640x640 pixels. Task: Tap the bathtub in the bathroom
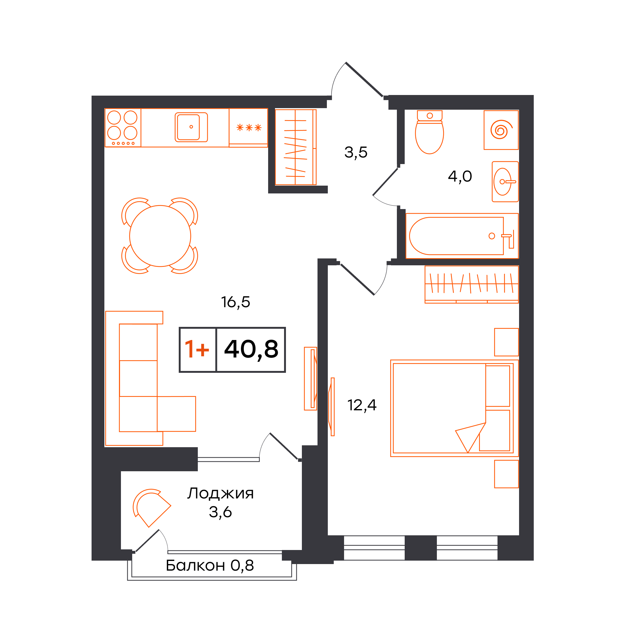point(462,236)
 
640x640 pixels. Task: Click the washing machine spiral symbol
point(501,129)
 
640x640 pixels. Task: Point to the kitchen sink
point(191,127)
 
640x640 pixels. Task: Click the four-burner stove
point(122,127)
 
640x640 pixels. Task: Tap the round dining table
point(160,236)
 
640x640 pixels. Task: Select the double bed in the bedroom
point(454,408)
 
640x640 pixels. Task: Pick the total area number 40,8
point(251,349)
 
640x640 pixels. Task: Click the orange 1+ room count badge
point(197,349)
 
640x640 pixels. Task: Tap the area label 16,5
point(236,302)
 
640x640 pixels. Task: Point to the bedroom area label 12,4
point(362,405)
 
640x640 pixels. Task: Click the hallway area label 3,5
point(356,152)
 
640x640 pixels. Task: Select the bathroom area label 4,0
point(460,176)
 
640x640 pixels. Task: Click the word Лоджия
point(220,493)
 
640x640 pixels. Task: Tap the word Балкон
point(195,565)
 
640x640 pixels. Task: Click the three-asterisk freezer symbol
point(249,127)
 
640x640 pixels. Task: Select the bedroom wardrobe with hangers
point(471,284)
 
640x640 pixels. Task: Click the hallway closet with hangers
point(296,147)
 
